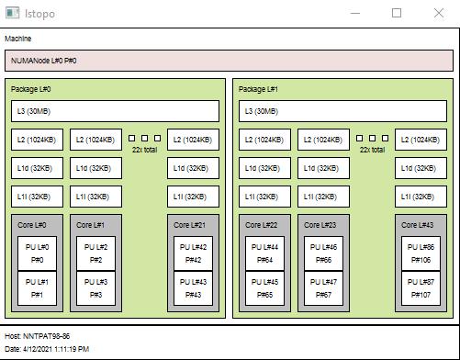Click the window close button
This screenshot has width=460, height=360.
438,13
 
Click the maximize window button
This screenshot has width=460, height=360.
397,13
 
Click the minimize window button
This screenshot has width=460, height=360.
355,13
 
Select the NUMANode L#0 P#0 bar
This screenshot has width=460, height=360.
230,61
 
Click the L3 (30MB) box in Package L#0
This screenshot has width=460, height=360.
116,111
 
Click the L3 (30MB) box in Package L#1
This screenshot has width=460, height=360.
343,111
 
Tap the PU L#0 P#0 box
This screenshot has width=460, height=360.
38,253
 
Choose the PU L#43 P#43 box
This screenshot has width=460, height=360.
193,288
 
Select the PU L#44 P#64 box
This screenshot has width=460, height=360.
265,253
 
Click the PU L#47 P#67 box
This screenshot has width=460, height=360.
323,288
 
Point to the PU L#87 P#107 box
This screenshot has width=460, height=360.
420,288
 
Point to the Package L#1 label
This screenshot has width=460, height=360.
258,89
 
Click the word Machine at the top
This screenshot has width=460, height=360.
18,39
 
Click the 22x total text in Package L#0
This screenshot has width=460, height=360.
144,149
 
